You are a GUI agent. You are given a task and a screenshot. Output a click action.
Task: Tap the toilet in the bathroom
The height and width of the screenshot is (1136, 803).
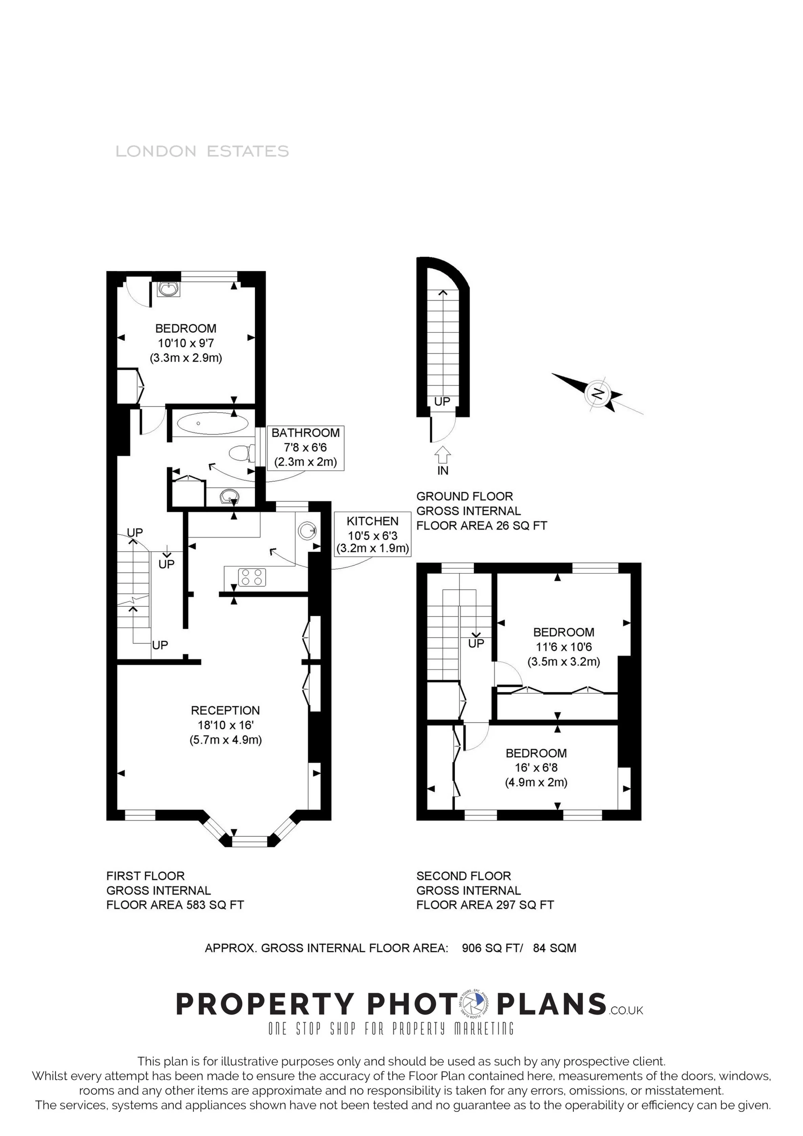tap(241, 453)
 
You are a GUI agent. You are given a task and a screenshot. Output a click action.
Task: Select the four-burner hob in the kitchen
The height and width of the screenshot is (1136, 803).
tap(251, 577)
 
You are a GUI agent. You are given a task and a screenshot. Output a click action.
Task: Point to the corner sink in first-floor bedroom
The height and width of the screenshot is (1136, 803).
tap(168, 289)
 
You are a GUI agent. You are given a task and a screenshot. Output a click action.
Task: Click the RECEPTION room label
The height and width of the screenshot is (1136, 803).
tap(225, 710)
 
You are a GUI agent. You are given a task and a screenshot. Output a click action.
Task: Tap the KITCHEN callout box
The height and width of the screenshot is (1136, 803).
tap(372, 534)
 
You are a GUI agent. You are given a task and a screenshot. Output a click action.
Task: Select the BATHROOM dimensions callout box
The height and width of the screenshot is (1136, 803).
tap(305, 447)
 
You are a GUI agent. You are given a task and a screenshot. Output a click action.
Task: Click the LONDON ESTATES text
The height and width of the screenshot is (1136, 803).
tap(202, 151)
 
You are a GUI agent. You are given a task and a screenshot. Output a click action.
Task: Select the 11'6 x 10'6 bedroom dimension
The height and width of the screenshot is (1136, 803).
tap(563, 646)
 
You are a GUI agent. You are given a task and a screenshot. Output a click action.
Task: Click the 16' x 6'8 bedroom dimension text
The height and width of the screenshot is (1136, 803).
tap(536, 767)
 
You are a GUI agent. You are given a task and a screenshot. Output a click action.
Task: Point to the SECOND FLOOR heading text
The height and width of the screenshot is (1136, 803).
tap(464, 876)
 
